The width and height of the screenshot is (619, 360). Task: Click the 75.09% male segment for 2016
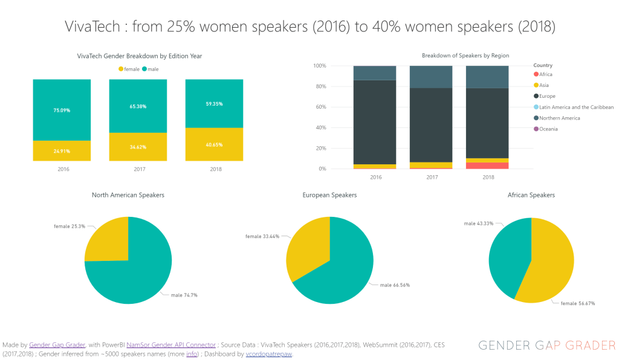click(62, 110)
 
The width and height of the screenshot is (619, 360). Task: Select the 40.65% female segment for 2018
click(214, 144)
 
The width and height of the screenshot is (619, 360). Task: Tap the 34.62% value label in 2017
click(138, 147)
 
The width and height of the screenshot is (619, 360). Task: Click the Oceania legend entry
click(548, 129)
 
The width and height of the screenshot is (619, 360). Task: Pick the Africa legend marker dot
click(536, 74)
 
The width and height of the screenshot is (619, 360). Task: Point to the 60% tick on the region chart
click(337, 107)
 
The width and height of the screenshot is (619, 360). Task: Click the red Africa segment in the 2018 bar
click(487, 166)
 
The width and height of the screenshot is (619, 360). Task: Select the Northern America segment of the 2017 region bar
click(431, 77)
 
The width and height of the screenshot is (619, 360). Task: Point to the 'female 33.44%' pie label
click(262, 237)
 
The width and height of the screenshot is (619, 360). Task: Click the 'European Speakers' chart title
click(329, 195)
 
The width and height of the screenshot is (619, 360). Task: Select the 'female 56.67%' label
click(577, 303)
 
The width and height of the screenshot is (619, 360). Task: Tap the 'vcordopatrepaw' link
click(268, 354)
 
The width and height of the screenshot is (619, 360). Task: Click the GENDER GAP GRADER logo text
click(546, 346)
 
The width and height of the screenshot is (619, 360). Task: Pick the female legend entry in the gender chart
click(129, 69)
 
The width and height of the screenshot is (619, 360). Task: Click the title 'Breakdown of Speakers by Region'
click(465, 56)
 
